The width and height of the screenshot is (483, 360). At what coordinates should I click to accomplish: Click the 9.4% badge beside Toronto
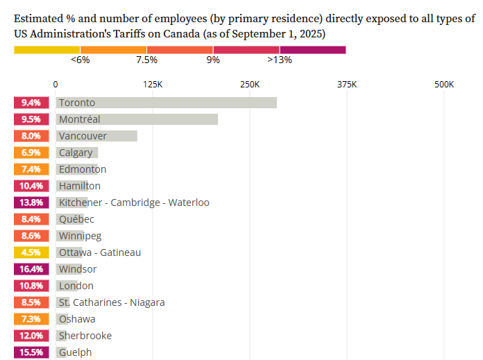pyautogui.click(x=31, y=103)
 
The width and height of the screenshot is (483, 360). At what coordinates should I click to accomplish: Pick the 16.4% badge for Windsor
pyautogui.click(x=31, y=269)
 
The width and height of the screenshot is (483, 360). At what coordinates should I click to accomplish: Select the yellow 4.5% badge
pyautogui.click(x=31, y=252)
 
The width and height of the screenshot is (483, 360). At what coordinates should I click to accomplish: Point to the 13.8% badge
pyautogui.click(x=31, y=203)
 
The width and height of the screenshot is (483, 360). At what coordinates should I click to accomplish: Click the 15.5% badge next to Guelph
pyautogui.click(x=31, y=352)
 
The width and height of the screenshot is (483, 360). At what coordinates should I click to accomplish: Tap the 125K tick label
pyautogui.click(x=152, y=85)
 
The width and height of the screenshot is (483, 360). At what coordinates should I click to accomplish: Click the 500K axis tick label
pyautogui.click(x=443, y=85)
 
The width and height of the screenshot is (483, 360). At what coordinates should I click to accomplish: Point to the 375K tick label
pyautogui.click(x=346, y=85)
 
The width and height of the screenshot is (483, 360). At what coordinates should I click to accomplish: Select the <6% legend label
pyautogui.click(x=80, y=60)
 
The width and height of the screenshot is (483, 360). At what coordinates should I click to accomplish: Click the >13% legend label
pyautogui.click(x=280, y=60)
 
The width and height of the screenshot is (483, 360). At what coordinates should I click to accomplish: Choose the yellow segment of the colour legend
pyautogui.click(x=46, y=49)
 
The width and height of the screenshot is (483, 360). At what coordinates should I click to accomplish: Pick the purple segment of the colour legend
pyautogui.click(x=312, y=49)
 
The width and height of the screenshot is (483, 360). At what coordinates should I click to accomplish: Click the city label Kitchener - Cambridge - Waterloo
pyautogui.click(x=134, y=203)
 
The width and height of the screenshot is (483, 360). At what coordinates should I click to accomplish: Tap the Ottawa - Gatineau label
pyautogui.click(x=100, y=252)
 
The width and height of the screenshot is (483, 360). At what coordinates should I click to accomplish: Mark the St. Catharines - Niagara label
pyautogui.click(x=112, y=302)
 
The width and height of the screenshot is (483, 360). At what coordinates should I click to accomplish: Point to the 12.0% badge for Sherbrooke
pyautogui.click(x=31, y=336)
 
